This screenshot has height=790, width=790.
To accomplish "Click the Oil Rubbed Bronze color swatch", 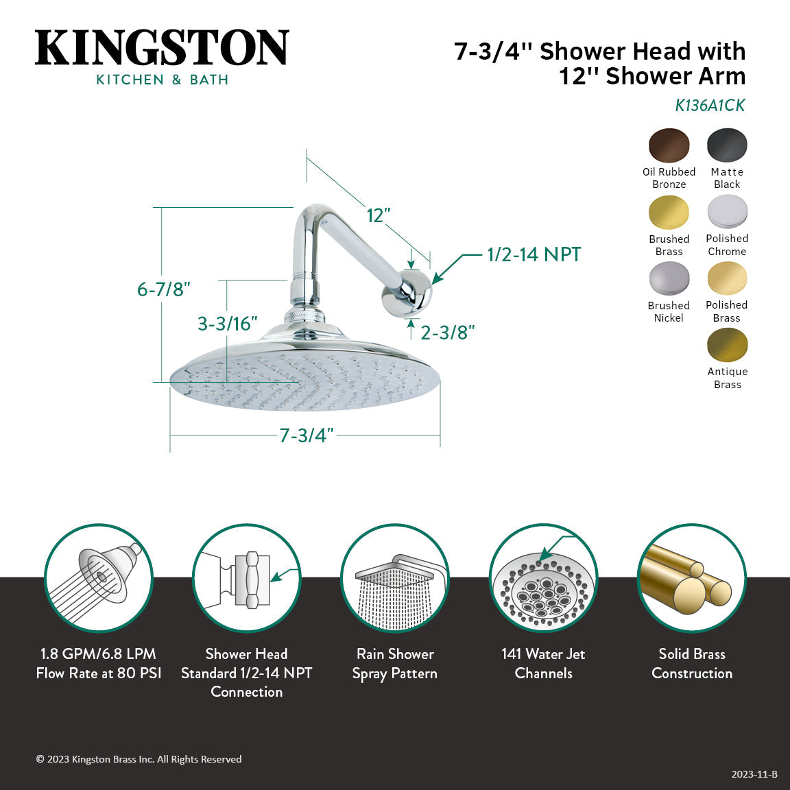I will [x=669, y=145].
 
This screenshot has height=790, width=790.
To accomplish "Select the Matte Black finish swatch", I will [x=727, y=145].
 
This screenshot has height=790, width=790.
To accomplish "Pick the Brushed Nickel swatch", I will [x=669, y=279].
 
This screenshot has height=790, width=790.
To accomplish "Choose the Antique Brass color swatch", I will [x=727, y=346].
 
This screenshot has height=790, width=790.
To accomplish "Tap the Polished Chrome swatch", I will [x=727, y=212].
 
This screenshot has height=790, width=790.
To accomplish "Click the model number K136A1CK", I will [x=710, y=106].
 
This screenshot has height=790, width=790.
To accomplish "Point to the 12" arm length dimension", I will [x=378, y=215].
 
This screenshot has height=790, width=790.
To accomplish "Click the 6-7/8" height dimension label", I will [x=163, y=289].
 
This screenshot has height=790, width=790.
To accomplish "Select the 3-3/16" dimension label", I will [x=227, y=324].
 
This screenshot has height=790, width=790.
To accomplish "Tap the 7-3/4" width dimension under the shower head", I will [x=306, y=435].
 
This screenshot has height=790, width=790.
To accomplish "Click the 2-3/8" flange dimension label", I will [x=447, y=333].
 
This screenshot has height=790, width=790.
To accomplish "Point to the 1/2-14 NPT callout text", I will [x=534, y=254].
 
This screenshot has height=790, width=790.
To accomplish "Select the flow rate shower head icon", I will [x=99, y=578].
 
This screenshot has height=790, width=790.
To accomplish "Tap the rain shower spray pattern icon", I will [x=395, y=578].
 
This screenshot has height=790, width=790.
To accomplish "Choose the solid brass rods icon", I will [x=691, y=578].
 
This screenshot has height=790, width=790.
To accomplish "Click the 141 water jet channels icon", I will [x=543, y=578].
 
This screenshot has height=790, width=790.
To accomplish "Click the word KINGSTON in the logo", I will [x=162, y=48].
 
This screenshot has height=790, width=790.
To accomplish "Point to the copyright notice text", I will [x=139, y=759].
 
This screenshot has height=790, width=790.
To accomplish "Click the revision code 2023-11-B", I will [x=754, y=774].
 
